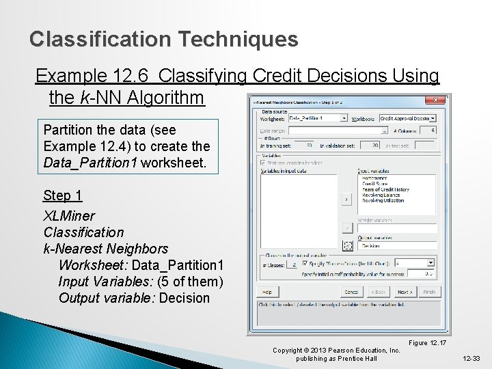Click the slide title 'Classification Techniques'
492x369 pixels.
(164, 39)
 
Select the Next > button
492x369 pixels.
(404, 292)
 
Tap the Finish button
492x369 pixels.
(428, 292)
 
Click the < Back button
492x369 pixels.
(378, 292)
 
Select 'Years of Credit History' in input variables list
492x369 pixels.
(386, 189)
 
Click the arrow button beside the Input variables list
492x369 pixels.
(346, 200)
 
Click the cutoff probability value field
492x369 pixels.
(420, 273)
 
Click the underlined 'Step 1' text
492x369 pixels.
(63, 196)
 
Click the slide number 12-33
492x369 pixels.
(471, 358)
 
